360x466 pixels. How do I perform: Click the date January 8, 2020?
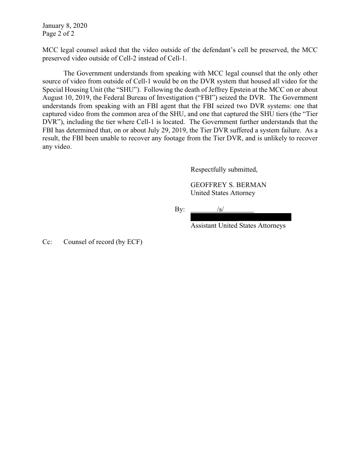click(65, 26)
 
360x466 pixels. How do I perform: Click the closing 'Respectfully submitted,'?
click(224, 169)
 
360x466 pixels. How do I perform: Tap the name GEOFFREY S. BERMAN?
click(228, 185)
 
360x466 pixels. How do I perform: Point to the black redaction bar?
click(241, 217)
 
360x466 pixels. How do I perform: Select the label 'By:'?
click(180, 209)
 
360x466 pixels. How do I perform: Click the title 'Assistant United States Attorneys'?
click(238, 225)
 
